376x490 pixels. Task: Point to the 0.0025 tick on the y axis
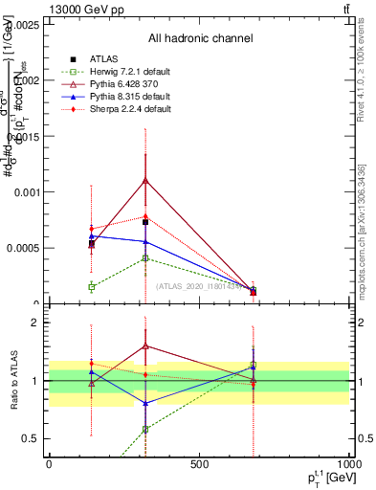pyautogui.click(x=26, y=24)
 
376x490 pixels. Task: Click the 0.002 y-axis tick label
pyautogui.click(x=29, y=80)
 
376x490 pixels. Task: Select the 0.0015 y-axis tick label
pyautogui.click(x=26, y=136)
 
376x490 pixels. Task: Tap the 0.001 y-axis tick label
pyautogui.click(x=29, y=192)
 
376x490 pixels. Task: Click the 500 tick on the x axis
pyautogui.click(x=199, y=463)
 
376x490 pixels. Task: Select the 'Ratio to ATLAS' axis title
pyautogui.click(x=12, y=381)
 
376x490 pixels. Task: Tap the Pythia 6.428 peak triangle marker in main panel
pyautogui.click(x=144, y=180)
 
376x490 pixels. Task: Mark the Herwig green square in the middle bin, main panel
pyautogui.click(x=144, y=258)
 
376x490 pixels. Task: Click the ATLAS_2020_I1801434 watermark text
pyautogui.click(x=200, y=286)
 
